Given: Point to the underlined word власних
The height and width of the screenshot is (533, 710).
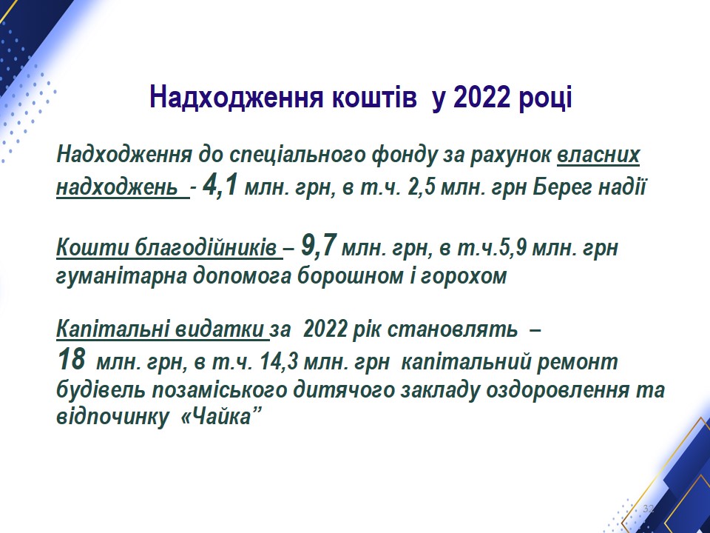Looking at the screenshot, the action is pos(598,154).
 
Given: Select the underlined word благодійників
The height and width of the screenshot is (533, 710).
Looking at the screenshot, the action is pos(206,248).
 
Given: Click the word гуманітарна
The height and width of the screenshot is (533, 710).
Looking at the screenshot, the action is pos(121,276).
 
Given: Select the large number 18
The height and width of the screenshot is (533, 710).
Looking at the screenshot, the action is pos(72,359).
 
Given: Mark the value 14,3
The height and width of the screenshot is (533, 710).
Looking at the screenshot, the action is pos(279,362).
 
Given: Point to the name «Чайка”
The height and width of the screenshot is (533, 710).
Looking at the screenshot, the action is pos(222,417).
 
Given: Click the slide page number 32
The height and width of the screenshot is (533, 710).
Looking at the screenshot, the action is pos(649,508).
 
